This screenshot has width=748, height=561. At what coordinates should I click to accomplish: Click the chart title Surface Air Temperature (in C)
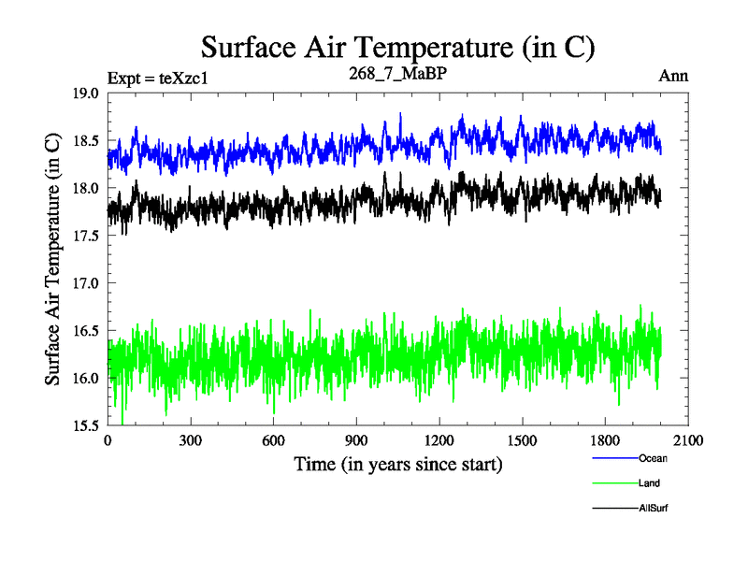[x=397, y=47]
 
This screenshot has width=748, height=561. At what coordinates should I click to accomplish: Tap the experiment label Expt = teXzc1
[x=157, y=78]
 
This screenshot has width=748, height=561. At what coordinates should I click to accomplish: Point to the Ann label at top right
[x=673, y=76]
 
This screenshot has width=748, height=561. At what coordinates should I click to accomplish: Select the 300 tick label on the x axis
[x=191, y=440]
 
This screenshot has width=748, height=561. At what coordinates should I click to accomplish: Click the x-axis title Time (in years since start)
[x=397, y=464]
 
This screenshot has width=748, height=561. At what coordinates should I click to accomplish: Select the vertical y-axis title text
[x=53, y=259]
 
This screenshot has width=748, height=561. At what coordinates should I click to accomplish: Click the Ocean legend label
[x=653, y=458]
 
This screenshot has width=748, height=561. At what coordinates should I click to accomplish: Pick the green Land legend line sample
[x=614, y=483]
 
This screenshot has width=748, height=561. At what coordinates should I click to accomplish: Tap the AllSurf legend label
[x=654, y=508]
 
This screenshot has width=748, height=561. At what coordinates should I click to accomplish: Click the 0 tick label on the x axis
[x=108, y=440]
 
